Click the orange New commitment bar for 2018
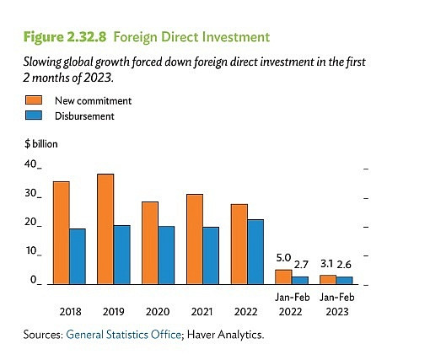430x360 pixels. pos(61,232)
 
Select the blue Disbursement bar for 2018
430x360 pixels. pos(78,255)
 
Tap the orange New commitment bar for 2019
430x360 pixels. pos(105,228)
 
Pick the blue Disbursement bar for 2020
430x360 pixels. pos(166,254)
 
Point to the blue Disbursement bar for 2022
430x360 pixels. pos(255,250)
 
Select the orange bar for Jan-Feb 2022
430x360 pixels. pos(283,276)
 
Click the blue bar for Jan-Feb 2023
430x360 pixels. pos(344,279)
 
